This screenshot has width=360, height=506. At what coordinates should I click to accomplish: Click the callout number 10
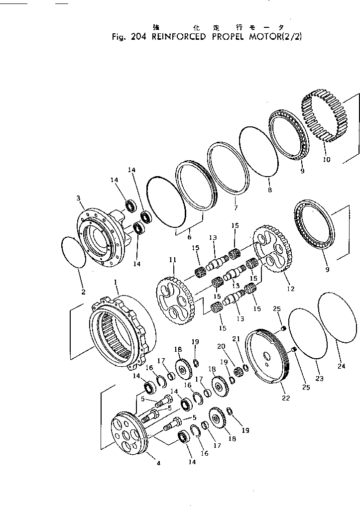pyautogui.click(x=327, y=160)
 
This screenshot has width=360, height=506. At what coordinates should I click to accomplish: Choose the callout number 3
pyautogui.click(x=78, y=199)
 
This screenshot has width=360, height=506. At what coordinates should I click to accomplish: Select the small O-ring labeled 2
pyautogui.click(x=73, y=254)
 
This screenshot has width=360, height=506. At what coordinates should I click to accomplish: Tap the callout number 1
pyautogui.click(x=116, y=282)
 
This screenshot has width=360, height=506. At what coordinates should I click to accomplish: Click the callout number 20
pyautogui.click(x=221, y=346)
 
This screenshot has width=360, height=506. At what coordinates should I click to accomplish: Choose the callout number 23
pyautogui.click(x=320, y=379)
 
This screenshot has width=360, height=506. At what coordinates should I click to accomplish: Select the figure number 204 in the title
pyautogui.click(x=135, y=37)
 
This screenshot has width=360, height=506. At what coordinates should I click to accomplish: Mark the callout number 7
pyautogui.click(x=236, y=207)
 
